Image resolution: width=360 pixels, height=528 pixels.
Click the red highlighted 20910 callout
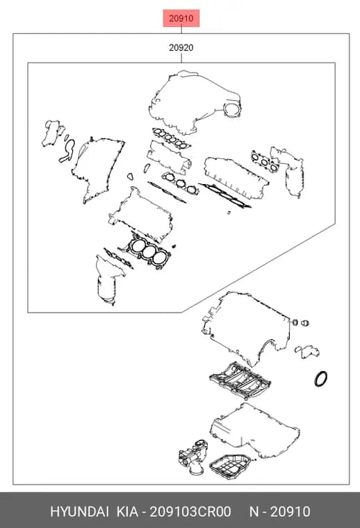pyautogui.click(x=181, y=18)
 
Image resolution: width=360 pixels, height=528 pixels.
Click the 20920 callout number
pyautogui.click(x=181, y=48)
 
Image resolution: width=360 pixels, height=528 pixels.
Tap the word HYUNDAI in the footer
pyautogui.click(x=79, y=511)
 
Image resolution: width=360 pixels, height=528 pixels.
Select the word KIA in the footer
pyautogui.click(x=127, y=511)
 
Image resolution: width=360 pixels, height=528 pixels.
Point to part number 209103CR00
pyautogui.click(x=190, y=511)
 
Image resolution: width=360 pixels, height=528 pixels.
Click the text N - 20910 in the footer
pyautogui.click(x=279, y=511)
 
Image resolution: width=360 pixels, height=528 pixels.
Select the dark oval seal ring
pyautogui.click(x=321, y=379)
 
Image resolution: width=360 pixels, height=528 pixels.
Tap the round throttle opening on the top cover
pyautogui.click(x=232, y=110)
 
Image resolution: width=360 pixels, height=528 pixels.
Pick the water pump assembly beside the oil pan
pyautogui.click(x=193, y=456)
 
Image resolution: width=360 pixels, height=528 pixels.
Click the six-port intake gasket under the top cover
pyautogui.click(x=172, y=138)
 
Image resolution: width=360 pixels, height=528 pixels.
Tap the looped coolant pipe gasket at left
pyautogui.click(x=67, y=151)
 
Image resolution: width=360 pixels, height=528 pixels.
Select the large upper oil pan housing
pyautogui.click(x=254, y=429)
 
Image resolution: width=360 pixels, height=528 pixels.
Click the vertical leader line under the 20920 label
pyautogui.click(x=181, y=58)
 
